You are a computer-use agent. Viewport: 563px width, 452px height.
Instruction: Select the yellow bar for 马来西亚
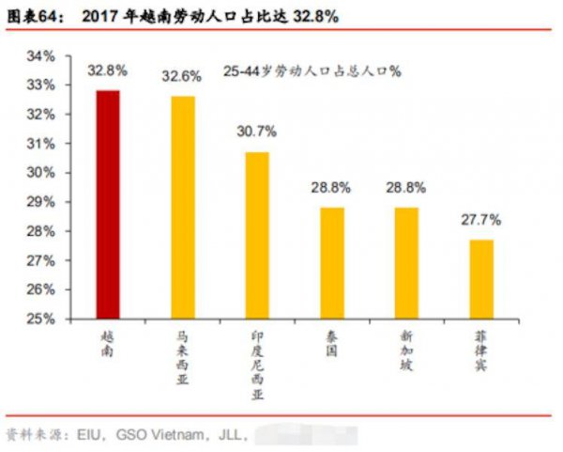(183, 208)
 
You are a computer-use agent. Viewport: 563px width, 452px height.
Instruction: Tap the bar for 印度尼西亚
(257, 235)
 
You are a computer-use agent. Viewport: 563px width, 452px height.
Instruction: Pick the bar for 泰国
(331, 262)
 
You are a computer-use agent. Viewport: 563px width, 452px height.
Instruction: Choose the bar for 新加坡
(405, 262)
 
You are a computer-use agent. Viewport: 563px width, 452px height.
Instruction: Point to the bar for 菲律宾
(480, 279)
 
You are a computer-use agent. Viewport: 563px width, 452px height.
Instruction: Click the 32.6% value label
(182, 76)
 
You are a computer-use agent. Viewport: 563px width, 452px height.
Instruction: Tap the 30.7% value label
(257, 132)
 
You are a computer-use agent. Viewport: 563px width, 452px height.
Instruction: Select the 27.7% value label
(480, 220)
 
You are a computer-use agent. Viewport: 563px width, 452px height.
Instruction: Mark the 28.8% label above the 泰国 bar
(331, 188)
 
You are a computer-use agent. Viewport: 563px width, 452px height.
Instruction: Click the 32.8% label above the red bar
(108, 70)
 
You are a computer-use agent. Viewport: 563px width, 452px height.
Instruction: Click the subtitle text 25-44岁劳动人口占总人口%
(312, 71)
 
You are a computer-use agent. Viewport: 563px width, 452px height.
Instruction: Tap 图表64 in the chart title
(35, 17)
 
